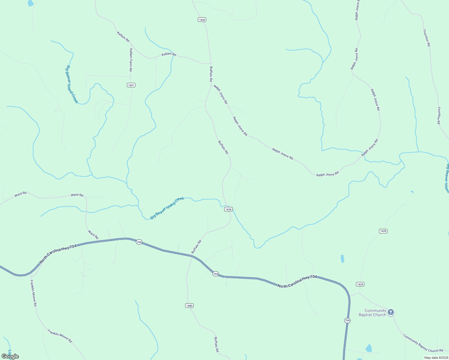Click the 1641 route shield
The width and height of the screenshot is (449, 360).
click(x=131, y=85)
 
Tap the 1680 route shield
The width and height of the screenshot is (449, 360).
click(x=189, y=306)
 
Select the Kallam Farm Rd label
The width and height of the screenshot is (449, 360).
click(x=131, y=60)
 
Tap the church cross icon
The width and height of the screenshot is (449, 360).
click(x=390, y=312)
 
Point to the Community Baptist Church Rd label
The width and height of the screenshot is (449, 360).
click(x=423, y=343)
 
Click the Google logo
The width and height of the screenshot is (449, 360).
click(x=10, y=356)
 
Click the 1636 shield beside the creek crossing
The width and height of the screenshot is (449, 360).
click(x=228, y=209)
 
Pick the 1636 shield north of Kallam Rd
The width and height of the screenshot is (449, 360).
click(x=202, y=20)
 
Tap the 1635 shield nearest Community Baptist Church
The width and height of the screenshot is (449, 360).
click(x=360, y=284)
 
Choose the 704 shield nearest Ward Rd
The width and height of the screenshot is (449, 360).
click(x=139, y=242)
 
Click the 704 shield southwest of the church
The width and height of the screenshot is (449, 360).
click(x=347, y=321)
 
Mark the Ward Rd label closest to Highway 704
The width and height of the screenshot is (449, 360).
click(x=93, y=235)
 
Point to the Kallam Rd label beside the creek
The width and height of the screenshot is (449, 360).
click(x=169, y=54)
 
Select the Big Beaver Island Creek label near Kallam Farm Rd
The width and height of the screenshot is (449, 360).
click(x=72, y=85)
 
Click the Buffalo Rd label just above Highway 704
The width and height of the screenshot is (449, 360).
click(x=196, y=247)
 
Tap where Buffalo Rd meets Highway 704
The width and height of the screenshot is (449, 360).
click(x=192, y=256)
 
